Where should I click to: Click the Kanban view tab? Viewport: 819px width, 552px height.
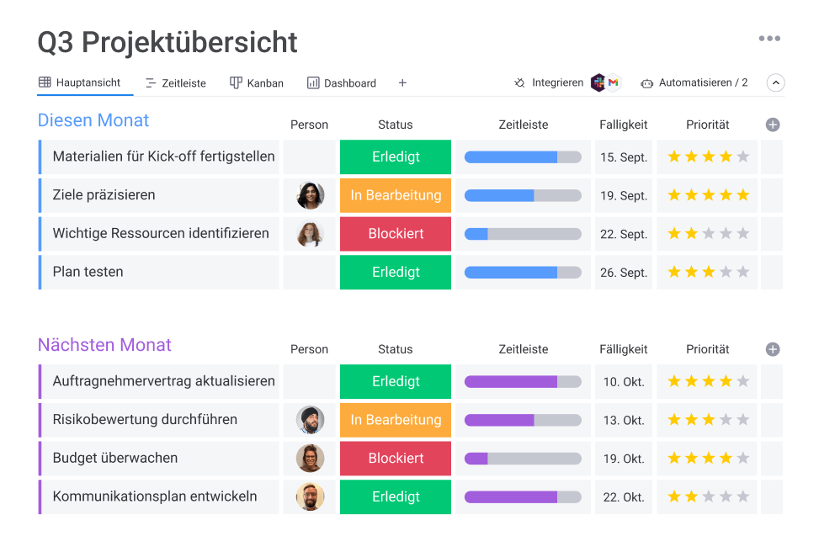coord(257,83)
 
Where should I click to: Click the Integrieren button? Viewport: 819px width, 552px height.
coord(549,82)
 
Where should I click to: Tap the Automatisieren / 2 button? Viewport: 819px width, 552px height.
coord(694,82)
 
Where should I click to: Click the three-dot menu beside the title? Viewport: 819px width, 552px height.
coord(769,39)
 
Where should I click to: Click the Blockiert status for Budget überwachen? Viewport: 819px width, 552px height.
coord(396,459)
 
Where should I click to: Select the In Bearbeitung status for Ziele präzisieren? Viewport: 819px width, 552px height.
coord(396,195)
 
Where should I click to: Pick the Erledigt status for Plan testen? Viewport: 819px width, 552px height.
coord(396,272)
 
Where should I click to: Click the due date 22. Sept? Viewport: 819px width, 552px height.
coord(624,234)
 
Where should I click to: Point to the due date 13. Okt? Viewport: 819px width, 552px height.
coord(624,420)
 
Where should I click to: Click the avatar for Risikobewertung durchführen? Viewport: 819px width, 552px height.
coord(310,420)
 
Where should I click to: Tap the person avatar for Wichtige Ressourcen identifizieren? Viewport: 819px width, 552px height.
coord(310,234)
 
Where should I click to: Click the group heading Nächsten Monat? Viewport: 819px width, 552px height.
coord(104,345)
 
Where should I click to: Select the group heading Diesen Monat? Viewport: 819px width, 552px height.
coord(93,120)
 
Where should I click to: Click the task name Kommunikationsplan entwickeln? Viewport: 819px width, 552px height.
coord(155,496)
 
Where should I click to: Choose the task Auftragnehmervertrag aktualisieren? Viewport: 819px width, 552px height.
coord(163,381)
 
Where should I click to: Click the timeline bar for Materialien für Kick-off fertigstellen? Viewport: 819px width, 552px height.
coord(523,157)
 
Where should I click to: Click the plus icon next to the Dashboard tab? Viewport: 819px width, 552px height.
coord(402,82)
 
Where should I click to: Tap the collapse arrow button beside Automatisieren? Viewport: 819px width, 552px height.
coord(776,82)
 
